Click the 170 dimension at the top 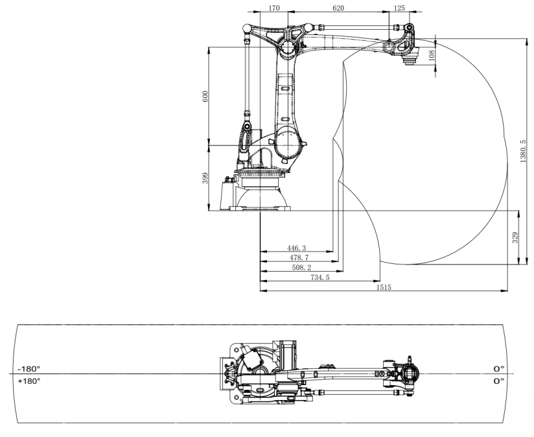(x=274, y=8)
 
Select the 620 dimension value (x=338, y=8)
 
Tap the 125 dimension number (x=399, y=8)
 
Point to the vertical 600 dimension (x=205, y=97)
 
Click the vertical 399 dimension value (x=205, y=178)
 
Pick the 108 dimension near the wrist (x=432, y=56)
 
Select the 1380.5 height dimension (x=523, y=151)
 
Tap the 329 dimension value (x=515, y=238)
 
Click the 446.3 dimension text (x=297, y=248)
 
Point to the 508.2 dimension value (x=301, y=268)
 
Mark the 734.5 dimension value (x=320, y=278)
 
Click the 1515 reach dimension (x=384, y=287)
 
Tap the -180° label (x=29, y=369)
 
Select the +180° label (x=29, y=381)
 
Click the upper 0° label (x=499, y=369)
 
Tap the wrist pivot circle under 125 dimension (x=389, y=46)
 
